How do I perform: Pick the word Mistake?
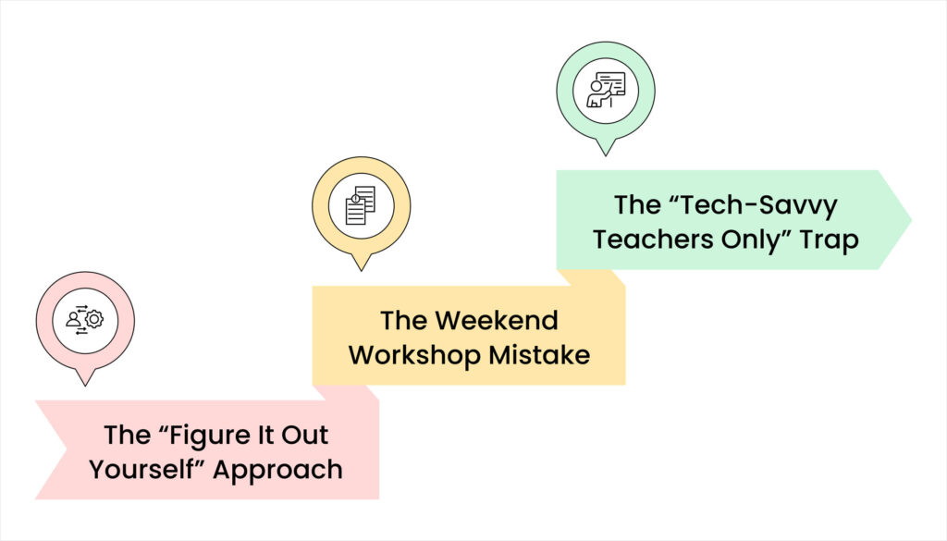point(547,354)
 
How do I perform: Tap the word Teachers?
point(654,239)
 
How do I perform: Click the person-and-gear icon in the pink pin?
point(85,319)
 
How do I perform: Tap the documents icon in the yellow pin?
point(361,205)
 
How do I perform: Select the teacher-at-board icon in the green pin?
point(606,90)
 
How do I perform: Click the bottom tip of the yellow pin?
point(362,269)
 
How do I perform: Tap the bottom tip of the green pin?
point(606,154)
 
